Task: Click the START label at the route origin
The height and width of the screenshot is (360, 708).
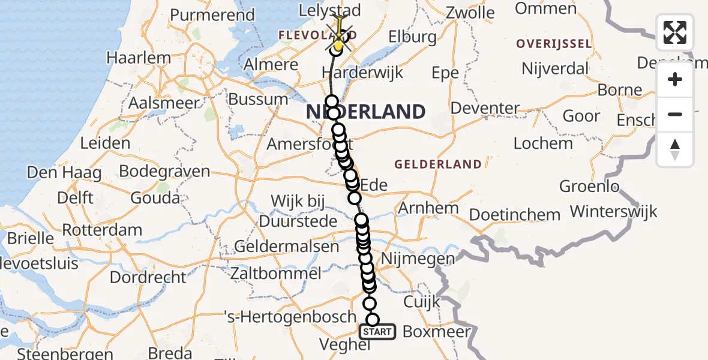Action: pos(377,332)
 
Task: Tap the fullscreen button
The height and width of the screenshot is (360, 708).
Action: pos(675,32)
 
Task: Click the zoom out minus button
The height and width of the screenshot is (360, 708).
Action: pos(675,115)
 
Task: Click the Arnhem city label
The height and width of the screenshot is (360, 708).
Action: pos(428,209)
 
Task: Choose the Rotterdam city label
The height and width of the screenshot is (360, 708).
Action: pos(102,230)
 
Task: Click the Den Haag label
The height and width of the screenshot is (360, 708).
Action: pos(64,173)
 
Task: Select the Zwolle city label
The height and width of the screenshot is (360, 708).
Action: pos(471,13)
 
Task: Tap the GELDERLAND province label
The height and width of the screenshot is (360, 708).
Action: pos(437,164)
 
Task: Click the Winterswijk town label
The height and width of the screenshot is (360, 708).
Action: pos(613,211)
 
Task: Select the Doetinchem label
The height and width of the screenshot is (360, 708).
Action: pos(515,214)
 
